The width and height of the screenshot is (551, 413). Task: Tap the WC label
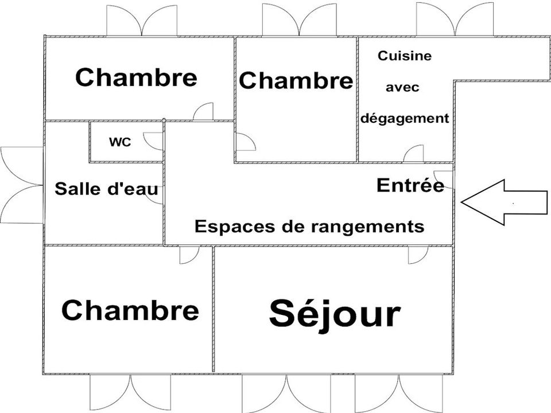(x=120, y=142)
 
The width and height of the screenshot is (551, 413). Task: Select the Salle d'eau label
(x=106, y=189)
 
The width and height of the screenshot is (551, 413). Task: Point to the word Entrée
(x=410, y=185)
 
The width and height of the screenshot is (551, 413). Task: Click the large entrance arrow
(x=505, y=202)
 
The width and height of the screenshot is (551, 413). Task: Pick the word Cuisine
(x=405, y=56)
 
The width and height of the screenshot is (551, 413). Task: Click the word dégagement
(x=405, y=118)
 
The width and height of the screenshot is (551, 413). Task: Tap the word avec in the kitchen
(x=402, y=87)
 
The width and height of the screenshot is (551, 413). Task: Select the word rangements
(x=367, y=227)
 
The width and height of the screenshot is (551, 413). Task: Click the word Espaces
(x=235, y=227)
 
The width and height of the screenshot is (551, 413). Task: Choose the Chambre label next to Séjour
(x=130, y=310)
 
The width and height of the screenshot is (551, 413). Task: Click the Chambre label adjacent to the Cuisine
(x=296, y=80)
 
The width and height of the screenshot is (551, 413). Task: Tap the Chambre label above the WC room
(x=136, y=77)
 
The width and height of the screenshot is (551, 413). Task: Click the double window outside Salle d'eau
(x=22, y=185)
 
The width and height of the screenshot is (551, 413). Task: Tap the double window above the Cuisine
(x=455, y=20)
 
